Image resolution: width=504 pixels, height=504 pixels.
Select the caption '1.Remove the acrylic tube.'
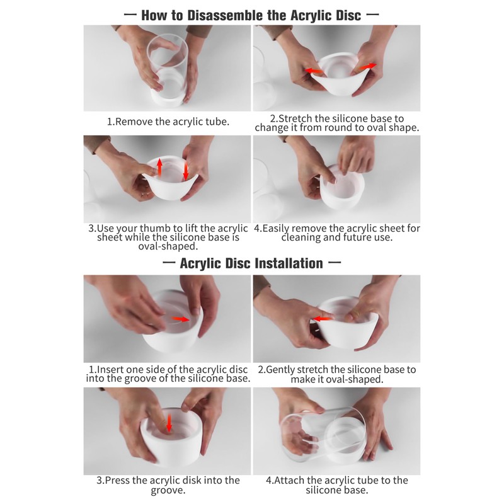pyautogui.click(x=168, y=122)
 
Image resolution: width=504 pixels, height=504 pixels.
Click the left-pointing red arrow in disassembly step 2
pyautogui.click(x=314, y=71)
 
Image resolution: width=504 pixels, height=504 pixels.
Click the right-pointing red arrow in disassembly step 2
pyautogui.click(x=367, y=67)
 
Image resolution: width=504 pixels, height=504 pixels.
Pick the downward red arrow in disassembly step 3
pyautogui.click(x=185, y=171)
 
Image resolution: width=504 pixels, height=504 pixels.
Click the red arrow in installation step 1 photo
pyautogui.click(x=180, y=319)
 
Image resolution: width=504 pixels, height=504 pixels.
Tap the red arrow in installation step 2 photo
pyautogui.click(x=321, y=319)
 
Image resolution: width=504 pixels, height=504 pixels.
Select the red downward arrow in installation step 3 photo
pyautogui.click(x=169, y=423)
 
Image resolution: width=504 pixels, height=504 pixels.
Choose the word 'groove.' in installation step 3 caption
pyautogui.click(x=168, y=490)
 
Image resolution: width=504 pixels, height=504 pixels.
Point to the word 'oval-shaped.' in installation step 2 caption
pyautogui.click(x=353, y=379)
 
